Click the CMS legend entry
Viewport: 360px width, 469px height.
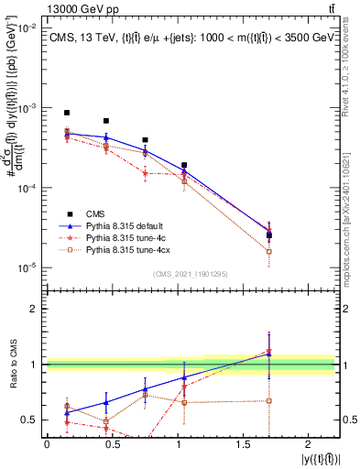point(97,212)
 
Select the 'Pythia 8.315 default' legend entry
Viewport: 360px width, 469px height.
point(127,224)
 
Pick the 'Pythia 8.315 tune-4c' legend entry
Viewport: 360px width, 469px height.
point(125,235)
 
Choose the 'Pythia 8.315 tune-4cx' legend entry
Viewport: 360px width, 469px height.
point(127,247)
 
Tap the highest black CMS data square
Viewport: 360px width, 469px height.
point(67,113)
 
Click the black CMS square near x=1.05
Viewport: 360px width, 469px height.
point(184,166)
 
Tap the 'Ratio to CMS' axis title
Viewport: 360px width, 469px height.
point(12,365)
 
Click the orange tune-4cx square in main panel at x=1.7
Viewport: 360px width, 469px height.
point(268,251)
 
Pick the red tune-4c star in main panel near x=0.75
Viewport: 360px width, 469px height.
point(145,172)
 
